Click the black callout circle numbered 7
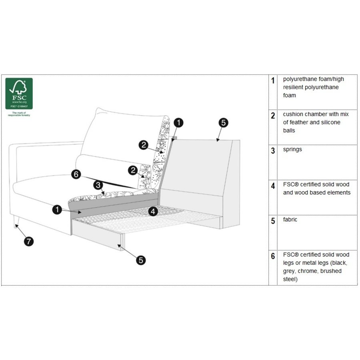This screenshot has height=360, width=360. (x=29, y=242)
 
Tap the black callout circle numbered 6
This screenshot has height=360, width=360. (x=76, y=174)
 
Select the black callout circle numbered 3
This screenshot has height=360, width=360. (x=98, y=185)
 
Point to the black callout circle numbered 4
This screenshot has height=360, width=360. (x=153, y=212)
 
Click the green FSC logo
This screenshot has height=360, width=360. (x=19, y=94)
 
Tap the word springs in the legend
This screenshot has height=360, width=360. (x=292, y=150)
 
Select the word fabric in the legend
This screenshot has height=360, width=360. (x=290, y=220)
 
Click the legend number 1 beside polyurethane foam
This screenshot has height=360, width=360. (x=273, y=81)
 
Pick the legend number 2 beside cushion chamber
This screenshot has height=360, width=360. (x=273, y=116)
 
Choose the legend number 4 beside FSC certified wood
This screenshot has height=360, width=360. (x=273, y=186)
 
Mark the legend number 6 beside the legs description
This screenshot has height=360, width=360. (x=273, y=256)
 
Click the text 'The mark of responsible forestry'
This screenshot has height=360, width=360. (x=19, y=115)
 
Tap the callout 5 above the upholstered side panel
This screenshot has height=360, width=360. (x=224, y=123)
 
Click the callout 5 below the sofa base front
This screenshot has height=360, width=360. (x=140, y=260)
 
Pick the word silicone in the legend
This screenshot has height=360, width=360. (x=330, y=122)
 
